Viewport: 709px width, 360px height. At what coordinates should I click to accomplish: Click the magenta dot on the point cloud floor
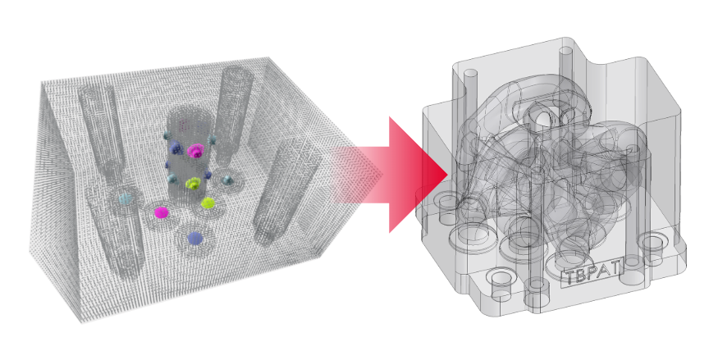(161, 212)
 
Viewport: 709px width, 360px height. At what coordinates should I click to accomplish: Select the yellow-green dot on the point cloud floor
(207, 203)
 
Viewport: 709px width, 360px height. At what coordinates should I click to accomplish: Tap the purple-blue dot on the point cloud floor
(194, 238)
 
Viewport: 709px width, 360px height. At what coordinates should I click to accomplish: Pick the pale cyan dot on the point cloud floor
(125, 198)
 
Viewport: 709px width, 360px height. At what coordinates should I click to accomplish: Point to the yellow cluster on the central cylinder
(193, 183)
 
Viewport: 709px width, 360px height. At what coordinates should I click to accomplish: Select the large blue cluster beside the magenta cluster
(176, 148)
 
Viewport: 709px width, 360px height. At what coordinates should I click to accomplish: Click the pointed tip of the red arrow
(447, 174)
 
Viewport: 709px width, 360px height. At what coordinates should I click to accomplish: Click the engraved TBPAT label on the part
(592, 272)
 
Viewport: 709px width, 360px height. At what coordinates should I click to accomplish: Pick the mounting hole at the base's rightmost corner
(652, 243)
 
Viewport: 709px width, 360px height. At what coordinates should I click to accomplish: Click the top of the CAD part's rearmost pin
(566, 51)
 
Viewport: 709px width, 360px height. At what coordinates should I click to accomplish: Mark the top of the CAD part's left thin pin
(471, 74)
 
